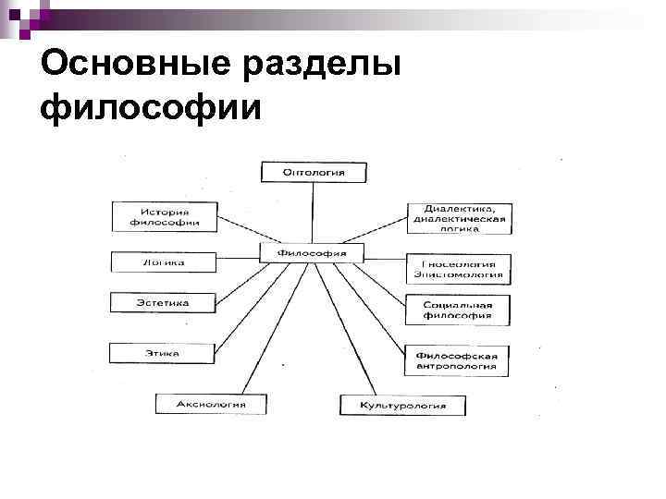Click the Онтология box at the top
pyautogui.click(x=313, y=172)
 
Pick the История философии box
pyautogui.click(x=164, y=216)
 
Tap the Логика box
pyautogui.click(x=163, y=262)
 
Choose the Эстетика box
pyautogui.click(x=163, y=302)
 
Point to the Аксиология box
pyautogui.click(x=212, y=404)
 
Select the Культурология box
pyautogui.click(x=402, y=405)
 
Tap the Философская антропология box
pyautogui.click(x=456, y=359)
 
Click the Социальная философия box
pyautogui.click(x=456, y=310)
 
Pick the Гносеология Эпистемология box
pyautogui.click(x=457, y=268)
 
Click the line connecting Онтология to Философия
pyautogui.click(x=313, y=213)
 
